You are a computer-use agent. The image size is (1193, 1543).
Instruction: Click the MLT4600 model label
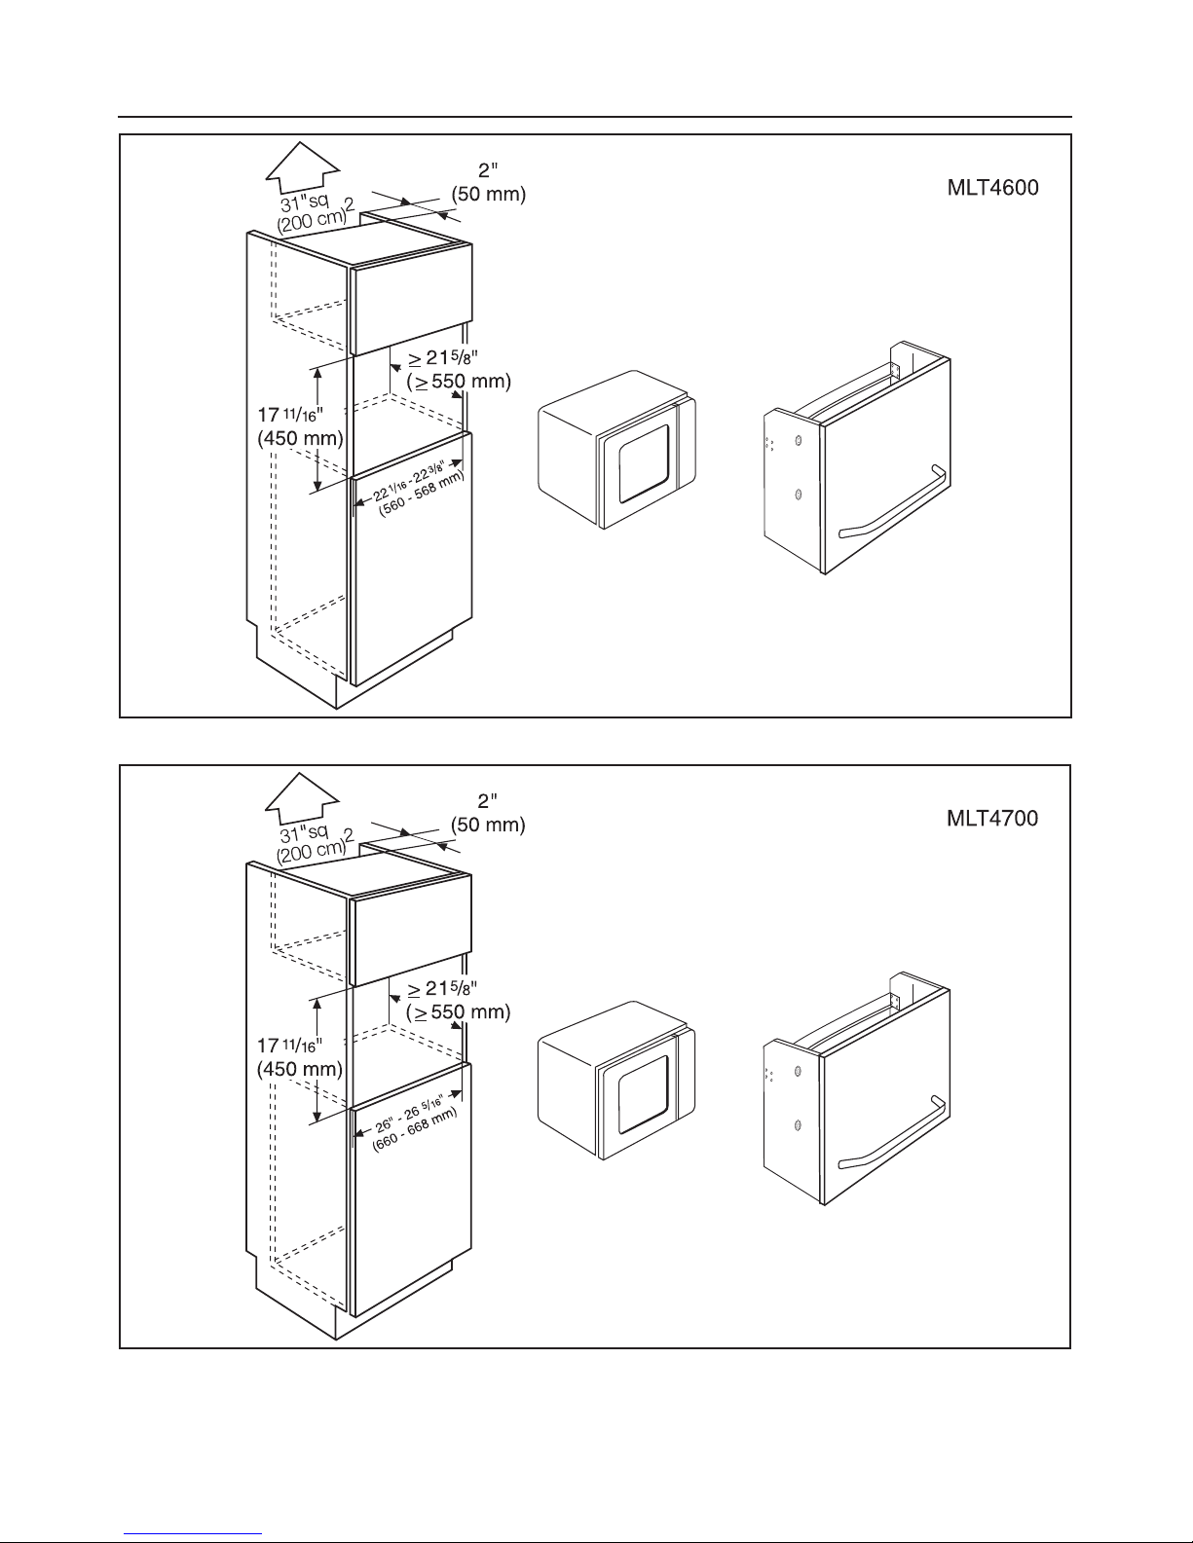992,188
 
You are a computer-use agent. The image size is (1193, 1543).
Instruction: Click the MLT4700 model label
992,818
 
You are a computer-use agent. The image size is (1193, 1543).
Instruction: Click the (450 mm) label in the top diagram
300,438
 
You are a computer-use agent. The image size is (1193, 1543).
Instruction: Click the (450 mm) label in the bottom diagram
300,1069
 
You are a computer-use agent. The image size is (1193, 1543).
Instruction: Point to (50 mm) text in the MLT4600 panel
489,194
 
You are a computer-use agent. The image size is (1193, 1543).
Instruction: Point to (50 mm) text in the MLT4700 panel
488,825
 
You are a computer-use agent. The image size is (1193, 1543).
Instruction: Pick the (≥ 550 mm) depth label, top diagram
459,382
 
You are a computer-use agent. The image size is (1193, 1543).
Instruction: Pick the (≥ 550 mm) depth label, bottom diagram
458,1011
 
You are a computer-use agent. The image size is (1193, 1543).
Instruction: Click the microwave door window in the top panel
644,465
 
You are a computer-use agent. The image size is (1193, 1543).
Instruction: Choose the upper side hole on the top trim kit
799,440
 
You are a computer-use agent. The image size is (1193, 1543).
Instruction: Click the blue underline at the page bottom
193,1534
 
